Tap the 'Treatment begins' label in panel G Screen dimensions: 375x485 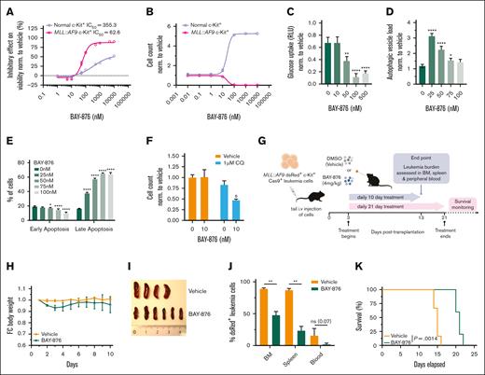[324, 218]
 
